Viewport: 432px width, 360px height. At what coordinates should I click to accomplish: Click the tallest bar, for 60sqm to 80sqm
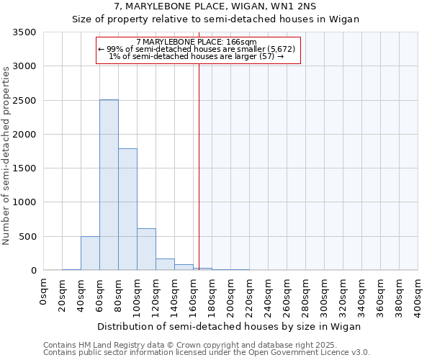tap(109, 185)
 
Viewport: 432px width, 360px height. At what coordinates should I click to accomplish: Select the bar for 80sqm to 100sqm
tap(127, 210)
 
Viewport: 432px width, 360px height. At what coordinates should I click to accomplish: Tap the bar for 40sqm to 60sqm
tap(90, 253)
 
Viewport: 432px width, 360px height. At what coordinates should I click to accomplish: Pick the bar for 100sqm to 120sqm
tap(146, 249)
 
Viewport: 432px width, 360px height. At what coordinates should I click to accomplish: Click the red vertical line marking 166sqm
tap(199, 158)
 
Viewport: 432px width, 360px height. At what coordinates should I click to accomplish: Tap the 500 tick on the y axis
tap(30, 237)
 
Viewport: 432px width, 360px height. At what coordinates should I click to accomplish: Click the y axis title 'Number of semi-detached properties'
tap(7, 155)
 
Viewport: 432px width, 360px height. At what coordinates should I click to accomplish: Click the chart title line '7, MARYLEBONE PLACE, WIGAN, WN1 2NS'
tap(215, 6)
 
